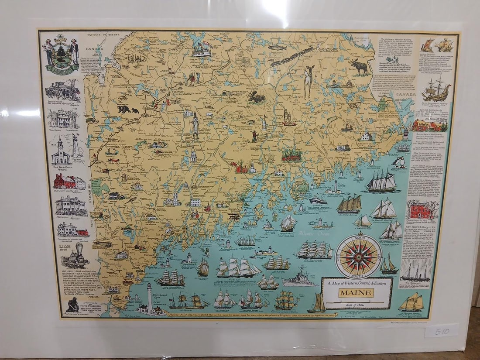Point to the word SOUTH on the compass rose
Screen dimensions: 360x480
coord(359,276)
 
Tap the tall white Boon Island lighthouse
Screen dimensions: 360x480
coord(150,297)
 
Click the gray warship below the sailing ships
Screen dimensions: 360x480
coord(300,279)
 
